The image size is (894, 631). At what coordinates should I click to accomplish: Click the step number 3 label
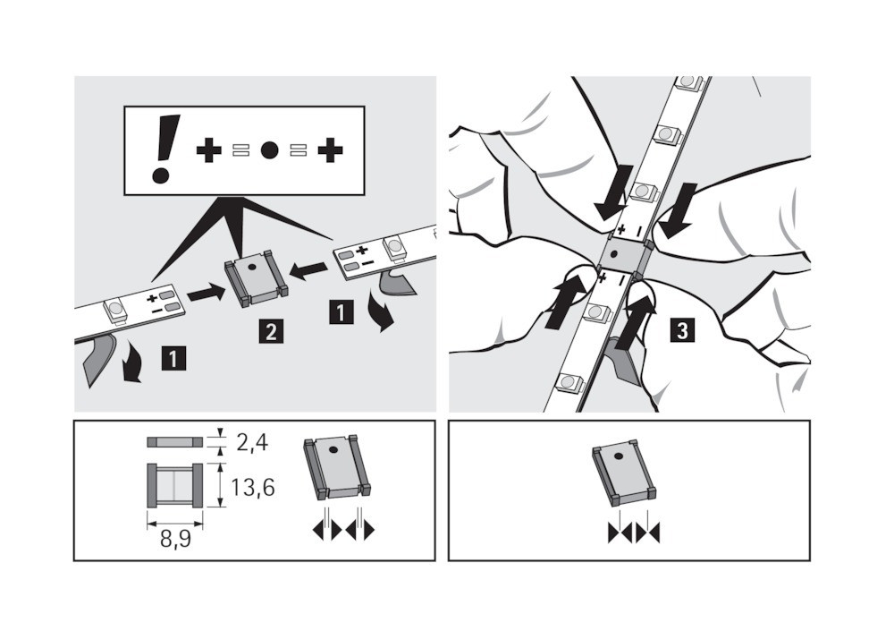pyautogui.click(x=682, y=330)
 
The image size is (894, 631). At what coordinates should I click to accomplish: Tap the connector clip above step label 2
pyautogui.click(x=257, y=282)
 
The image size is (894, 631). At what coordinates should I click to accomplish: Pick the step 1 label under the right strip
pyautogui.click(x=341, y=312)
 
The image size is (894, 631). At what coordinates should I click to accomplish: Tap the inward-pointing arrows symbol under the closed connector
pyautogui.click(x=634, y=533)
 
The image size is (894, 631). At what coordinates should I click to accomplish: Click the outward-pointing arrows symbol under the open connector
pyautogui.click(x=343, y=531)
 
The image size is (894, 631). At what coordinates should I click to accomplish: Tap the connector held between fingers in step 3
pyautogui.click(x=622, y=255)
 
